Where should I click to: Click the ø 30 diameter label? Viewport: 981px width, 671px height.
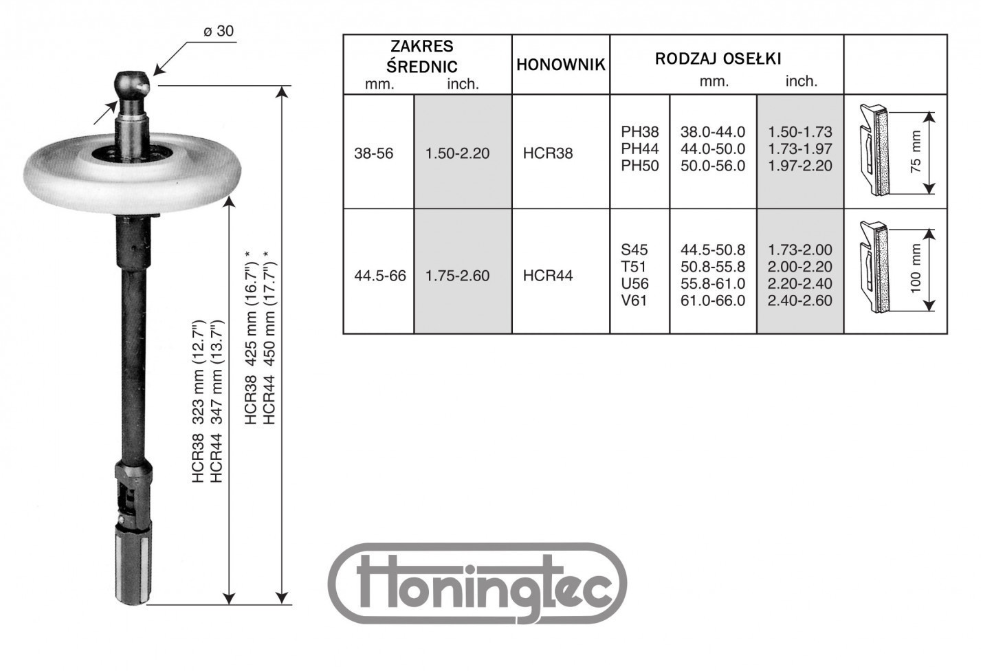(219, 31)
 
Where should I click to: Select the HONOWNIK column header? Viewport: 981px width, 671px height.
(560, 65)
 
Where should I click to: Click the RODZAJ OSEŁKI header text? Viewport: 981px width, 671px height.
(718, 59)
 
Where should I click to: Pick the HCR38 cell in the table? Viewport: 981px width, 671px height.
(548, 153)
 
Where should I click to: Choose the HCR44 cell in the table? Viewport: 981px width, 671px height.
(548, 276)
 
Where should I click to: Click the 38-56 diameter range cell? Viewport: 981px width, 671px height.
(373, 153)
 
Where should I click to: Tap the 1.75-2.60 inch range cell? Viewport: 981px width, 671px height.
(457, 276)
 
